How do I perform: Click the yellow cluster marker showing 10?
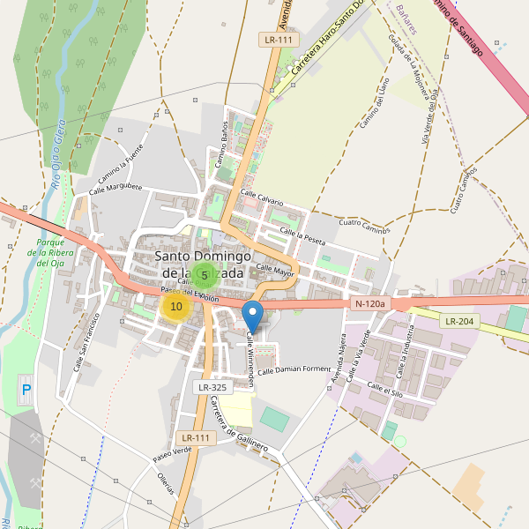point(176,307)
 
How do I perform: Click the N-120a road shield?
point(370,304)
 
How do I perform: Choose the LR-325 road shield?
point(212,387)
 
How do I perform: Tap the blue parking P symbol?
point(26,389)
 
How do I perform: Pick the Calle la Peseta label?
point(302,235)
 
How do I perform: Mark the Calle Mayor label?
point(274,269)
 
